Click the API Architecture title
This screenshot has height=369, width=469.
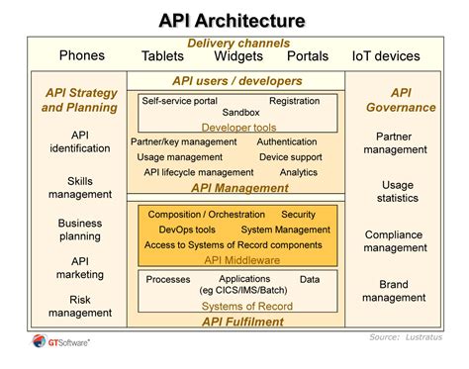(234, 20)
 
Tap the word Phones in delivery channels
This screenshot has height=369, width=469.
(81, 55)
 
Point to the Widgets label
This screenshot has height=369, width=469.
(237, 56)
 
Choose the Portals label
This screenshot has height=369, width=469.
(307, 56)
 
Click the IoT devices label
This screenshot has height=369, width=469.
(387, 56)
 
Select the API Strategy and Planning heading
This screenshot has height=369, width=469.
(80, 100)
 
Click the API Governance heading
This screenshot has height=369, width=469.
(401, 100)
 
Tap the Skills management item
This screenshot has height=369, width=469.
(80, 188)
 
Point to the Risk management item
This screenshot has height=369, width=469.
(80, 306)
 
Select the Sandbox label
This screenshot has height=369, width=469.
(240, 114)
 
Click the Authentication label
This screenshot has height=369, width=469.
(287, 142)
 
